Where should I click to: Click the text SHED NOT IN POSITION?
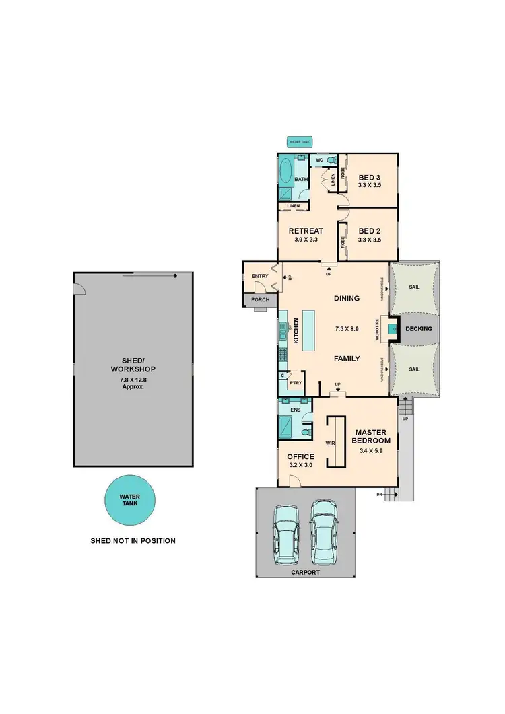(133, 540)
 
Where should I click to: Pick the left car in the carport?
(285, 536)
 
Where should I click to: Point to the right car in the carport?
(324, 533)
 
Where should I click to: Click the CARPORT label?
(305, 572)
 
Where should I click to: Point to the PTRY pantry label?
(294, 383)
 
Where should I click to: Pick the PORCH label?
(259, 300)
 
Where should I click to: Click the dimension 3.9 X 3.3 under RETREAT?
(306, 239)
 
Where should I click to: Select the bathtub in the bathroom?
(285, 172)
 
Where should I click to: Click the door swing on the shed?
(81, 289)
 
